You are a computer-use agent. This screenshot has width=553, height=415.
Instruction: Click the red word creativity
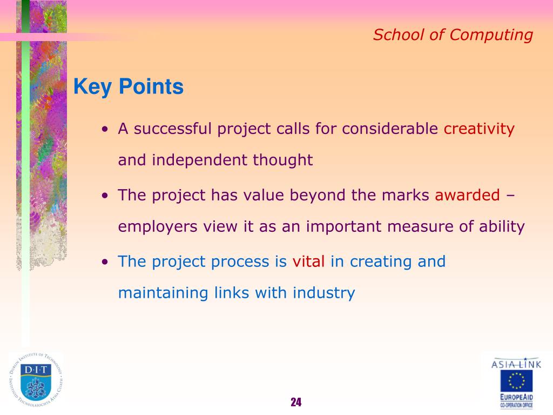pos(479,129)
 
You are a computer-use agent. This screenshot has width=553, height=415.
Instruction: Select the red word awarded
pos(467,195)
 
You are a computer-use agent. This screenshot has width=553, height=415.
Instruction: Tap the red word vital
pos(308,262)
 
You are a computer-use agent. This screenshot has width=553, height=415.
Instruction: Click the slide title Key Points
pos(129,87)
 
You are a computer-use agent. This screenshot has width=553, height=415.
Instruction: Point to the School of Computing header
pos(453,35)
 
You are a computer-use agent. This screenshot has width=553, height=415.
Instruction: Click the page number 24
pos(296,402)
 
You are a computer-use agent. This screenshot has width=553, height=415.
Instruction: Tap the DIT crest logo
pos(36,380)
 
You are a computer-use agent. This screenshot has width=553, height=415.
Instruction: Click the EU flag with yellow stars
pos(516,381)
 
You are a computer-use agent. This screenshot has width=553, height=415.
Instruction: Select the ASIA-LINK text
pos(516,364)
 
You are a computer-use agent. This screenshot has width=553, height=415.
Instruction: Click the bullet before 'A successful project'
pos(105,130)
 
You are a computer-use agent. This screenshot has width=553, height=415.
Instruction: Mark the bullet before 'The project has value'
pos(105,196)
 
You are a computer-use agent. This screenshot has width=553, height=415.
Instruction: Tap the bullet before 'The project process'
pos(105,262)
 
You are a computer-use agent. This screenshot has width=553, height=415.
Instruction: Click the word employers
pos(158,227)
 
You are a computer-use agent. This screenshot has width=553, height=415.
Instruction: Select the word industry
pos(324,293)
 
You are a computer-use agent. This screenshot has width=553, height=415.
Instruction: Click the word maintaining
pos(163,293)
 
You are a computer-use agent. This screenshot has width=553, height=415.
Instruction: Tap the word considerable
pos(390,129)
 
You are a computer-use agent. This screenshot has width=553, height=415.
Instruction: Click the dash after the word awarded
pos(510,196)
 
